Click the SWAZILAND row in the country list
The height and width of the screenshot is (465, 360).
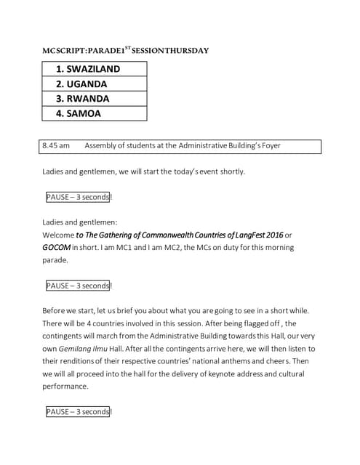pos(94,69)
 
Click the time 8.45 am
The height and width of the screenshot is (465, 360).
pos(56,146)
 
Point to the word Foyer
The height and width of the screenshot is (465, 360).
pos(267,146)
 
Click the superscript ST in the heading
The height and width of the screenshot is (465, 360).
pos(128,48)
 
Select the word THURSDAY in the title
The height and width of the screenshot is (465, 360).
pos(185,51)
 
